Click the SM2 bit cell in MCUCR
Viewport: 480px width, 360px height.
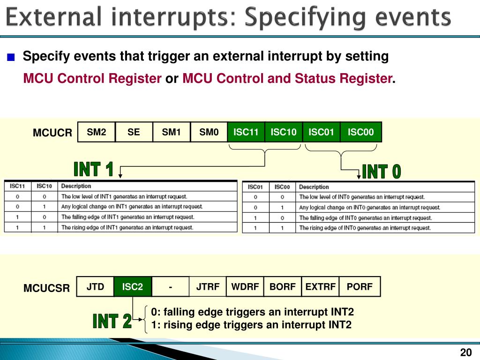coord(96,132)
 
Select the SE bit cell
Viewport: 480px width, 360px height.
coord(134,132)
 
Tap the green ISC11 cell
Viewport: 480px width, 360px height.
coord(246,132)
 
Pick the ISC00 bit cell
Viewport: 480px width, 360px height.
coord(360,132)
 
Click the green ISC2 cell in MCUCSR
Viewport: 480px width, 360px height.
coord(133,287)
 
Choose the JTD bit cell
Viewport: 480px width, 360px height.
coord(95,287)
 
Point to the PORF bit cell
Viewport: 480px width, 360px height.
coord(360,287)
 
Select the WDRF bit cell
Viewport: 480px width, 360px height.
coord(244,287)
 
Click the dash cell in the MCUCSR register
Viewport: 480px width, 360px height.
coord(171,287)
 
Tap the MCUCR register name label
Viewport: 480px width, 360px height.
coord(52,133)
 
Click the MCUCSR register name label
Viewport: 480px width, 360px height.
coord(46,288)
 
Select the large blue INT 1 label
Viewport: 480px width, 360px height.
coord(94,169)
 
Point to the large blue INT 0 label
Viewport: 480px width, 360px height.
coord(382,172)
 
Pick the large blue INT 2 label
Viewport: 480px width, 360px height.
coord(112,322)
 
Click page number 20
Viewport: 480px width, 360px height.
coord(465,353)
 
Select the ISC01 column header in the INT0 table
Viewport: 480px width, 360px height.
coord(255,187)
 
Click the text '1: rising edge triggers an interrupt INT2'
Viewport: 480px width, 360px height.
coord(251,325)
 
